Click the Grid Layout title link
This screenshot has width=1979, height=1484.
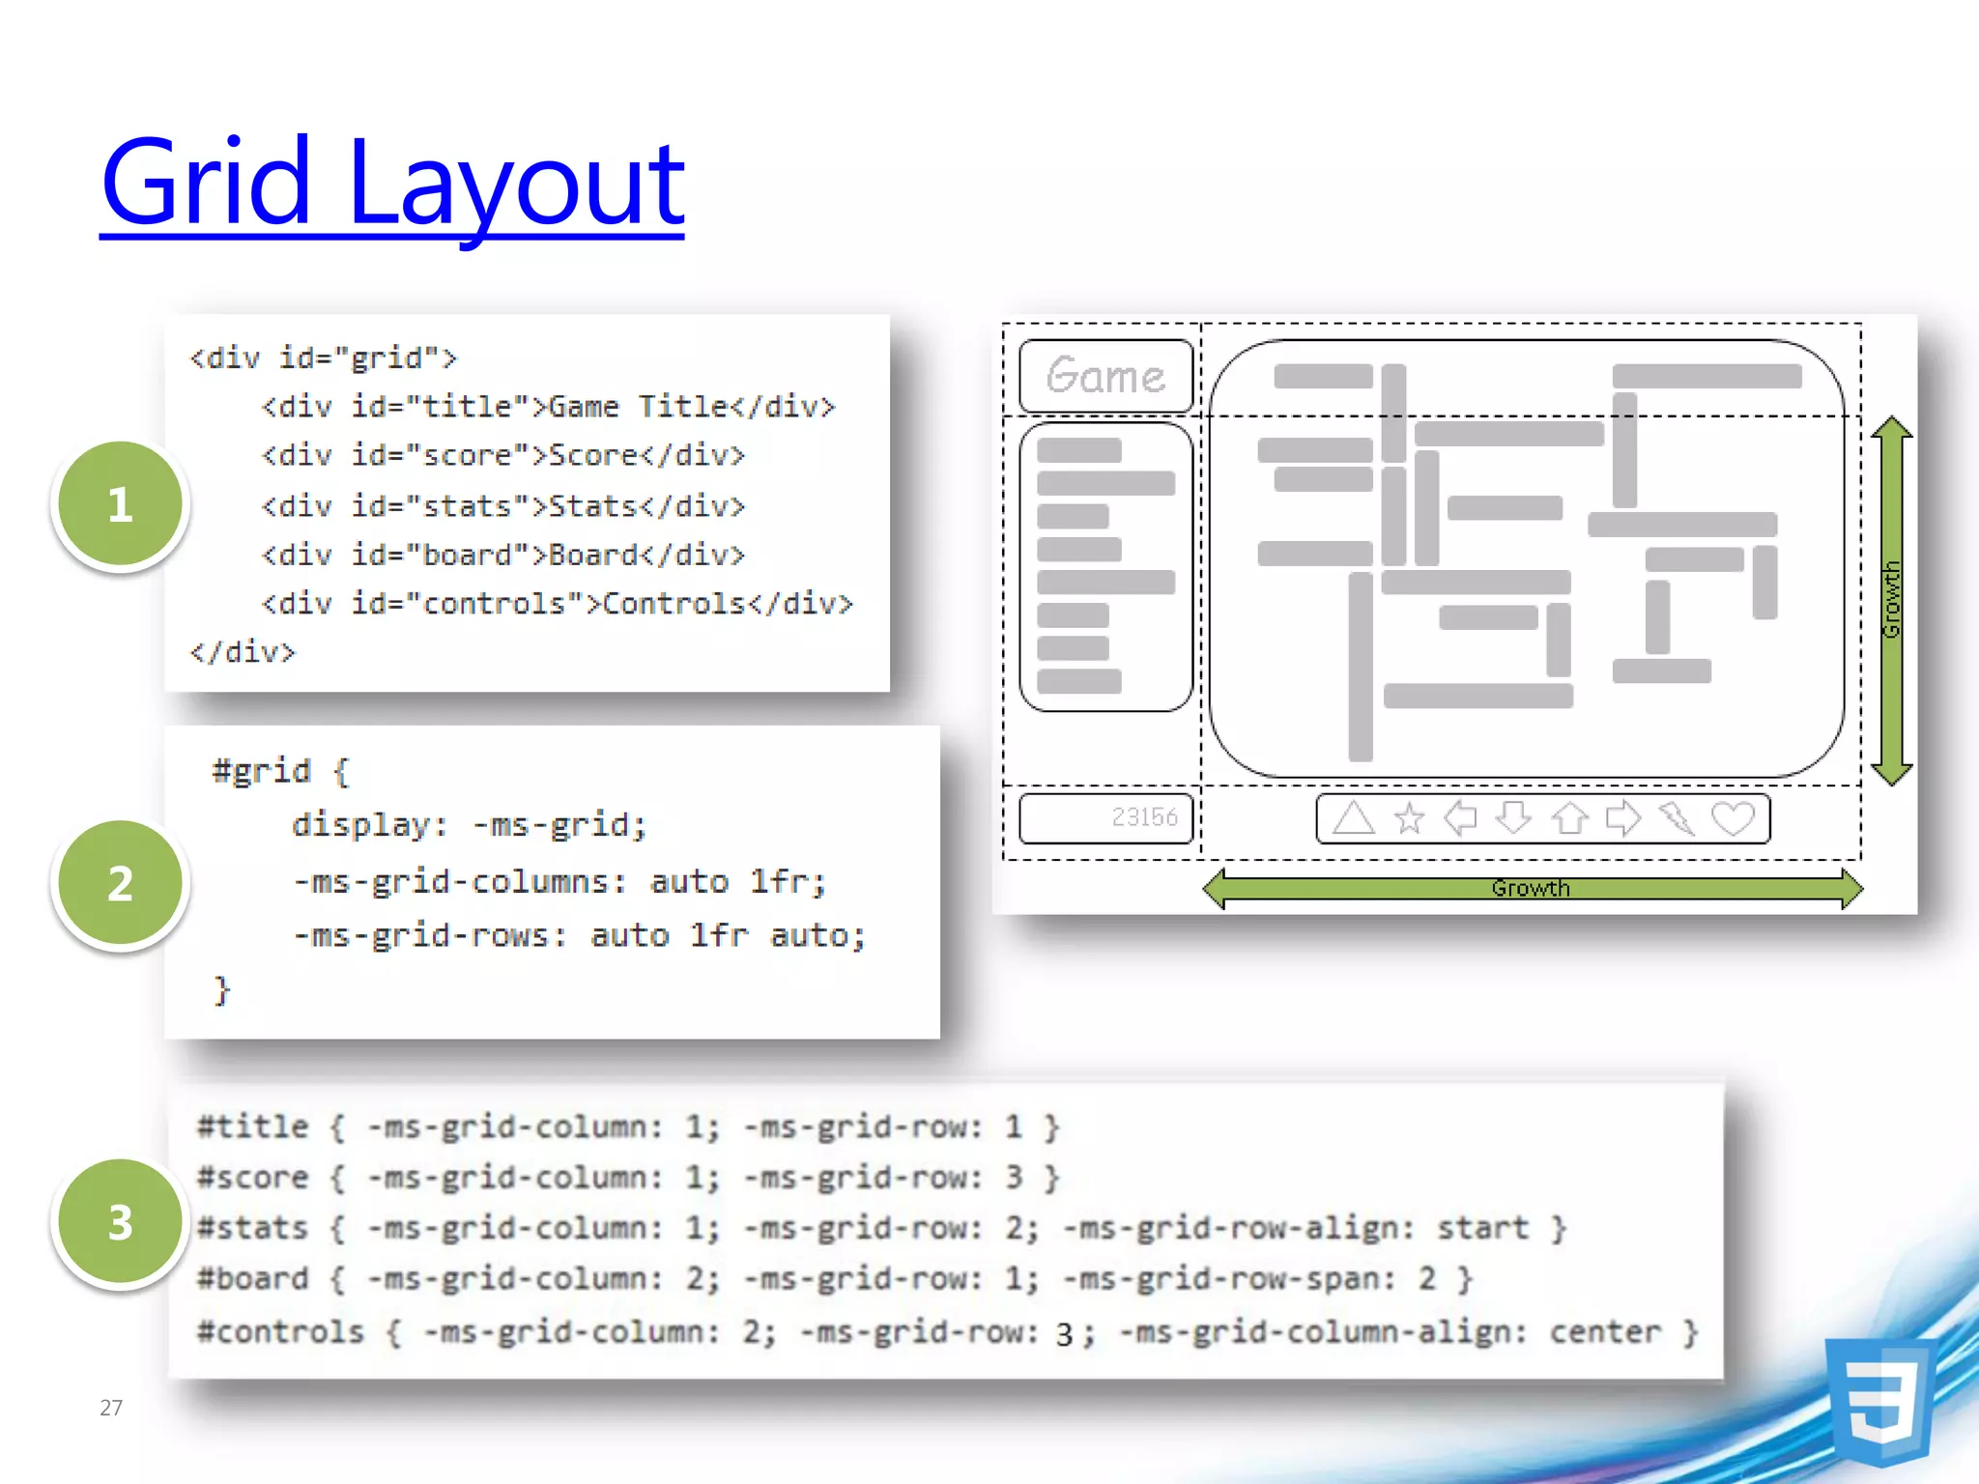tap(391, 184)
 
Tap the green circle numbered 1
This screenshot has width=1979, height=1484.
tap(120, 504)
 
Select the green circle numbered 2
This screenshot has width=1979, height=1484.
tap(120, 883)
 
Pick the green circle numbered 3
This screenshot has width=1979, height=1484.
tap(120, 1222)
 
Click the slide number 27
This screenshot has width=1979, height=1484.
tap(111, 1408)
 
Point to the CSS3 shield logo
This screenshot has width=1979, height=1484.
tap(1879, 1401)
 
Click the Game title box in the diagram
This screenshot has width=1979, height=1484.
tap(1105, 376)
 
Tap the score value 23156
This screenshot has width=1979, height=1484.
tap(1144, 817)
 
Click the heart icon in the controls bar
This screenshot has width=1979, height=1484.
tap(1732, 818)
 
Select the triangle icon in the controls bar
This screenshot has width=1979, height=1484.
tap(1353, 818)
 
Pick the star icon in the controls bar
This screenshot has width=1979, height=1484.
tap(1409, 819)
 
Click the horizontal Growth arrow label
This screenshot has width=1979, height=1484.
tap(1531, 888)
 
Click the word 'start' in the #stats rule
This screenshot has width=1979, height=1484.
tap(1482, 1228)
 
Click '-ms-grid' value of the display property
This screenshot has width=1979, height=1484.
tap(559, 825)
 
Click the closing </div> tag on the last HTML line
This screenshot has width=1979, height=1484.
tap(243, 652)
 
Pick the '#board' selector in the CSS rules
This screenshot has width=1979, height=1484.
tap(253, 1279)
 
